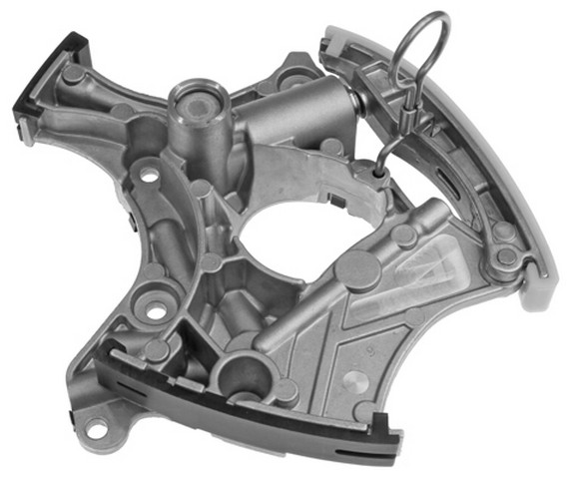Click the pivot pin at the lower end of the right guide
pyautogui.click(x=506, y=257)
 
